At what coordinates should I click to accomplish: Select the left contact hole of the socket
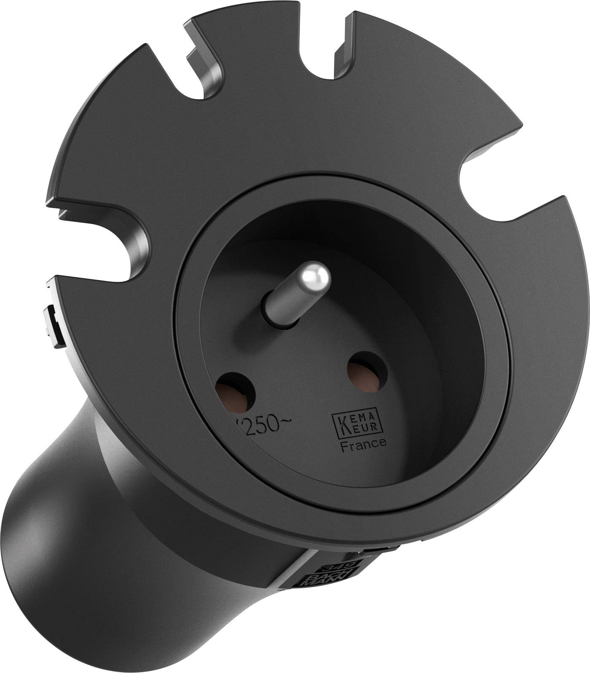235,392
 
